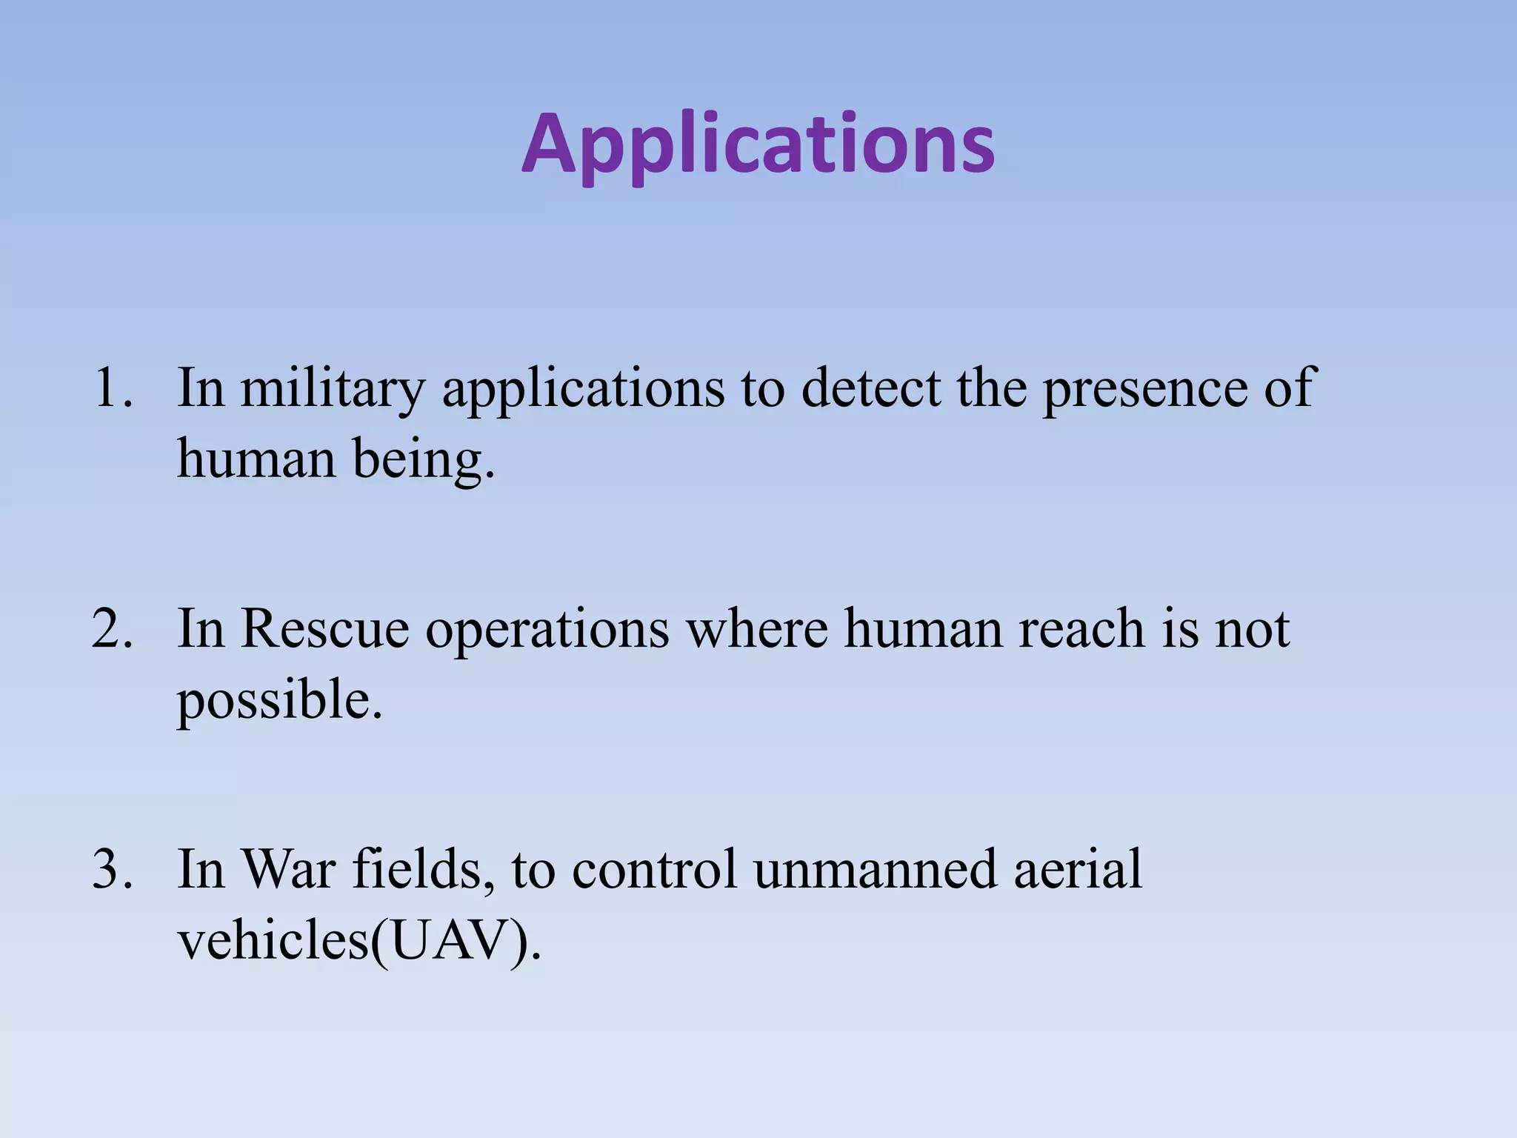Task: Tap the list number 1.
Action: click(x=111, y=387)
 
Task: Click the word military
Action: click(x=333, y=387)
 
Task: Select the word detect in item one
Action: click(x=870, y=387)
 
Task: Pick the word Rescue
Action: click(x=324, y=628)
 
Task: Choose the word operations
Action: click(x=547, y=628)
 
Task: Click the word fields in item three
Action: click(x=419, y=868)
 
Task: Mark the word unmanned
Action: click(x=875, y=868)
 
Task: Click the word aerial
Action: click(x=1078, y=868)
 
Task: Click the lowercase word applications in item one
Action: click(x=584, y=387)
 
